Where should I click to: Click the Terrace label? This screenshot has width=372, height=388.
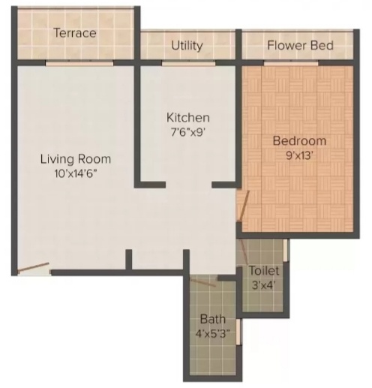pyautogui.click(x=74, y=33)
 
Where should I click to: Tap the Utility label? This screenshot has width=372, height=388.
pyautogui.click(x=187, y=45)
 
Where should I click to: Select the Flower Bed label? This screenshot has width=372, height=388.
pyautogui.click(x=300, y=46)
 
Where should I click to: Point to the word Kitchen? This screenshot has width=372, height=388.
pyautogui.click(x=187, y=118)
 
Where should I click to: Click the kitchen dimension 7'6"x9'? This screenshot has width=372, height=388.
pyautogui.click(x=187, y=132)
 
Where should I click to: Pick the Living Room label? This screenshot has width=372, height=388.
pyautogui.click(x=75, y=158)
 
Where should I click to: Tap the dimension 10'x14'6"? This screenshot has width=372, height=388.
pyautogui.click(x=75, y=173)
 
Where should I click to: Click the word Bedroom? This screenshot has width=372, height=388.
pyautogui.click(x=299, y=140)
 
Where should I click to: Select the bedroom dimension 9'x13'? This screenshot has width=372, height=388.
pyautogui.click(x=299, y=155)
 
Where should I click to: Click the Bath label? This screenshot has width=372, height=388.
pyautogui.click(x=212, y=319)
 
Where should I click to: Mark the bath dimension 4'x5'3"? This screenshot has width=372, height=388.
pyautogui.click(x=212, y=333)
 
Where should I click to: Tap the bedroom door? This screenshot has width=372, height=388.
pyautogui.click(x=241, y=207)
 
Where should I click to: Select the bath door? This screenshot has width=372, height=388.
pyautogui.click(x=202, y=281)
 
